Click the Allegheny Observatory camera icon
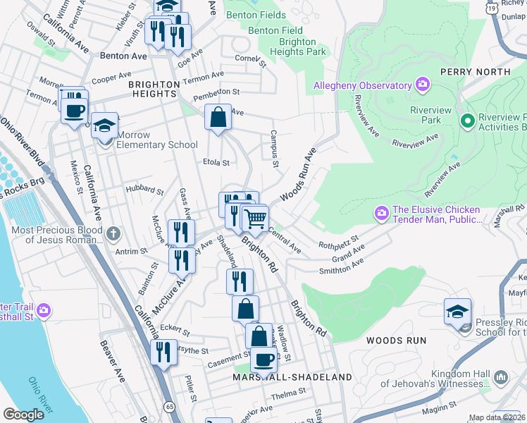pos(423,85)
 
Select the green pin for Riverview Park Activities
pos(466,121)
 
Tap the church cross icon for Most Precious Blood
pos(114,232)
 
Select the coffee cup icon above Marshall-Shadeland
pos(263,360)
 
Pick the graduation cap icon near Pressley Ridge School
pos(457,311)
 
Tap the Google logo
pos(23,415)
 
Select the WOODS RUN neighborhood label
pos(396,341)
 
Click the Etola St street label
pos(217,162)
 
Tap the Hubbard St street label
pos(144,190)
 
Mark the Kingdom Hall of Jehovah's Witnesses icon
pos(501,377)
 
